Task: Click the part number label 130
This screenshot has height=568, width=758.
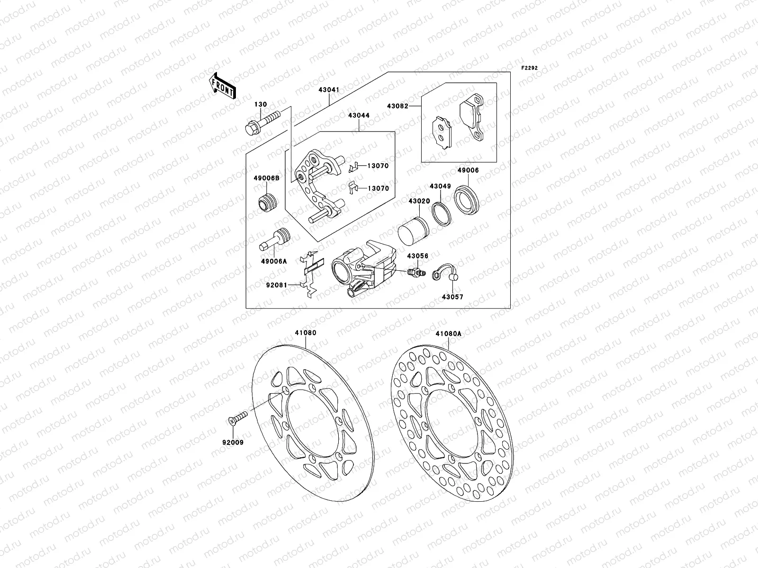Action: click(x=261, y=105)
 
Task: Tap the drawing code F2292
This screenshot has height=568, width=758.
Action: click(x=530, y=68)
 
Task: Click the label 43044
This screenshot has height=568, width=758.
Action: click(x=359, y=115)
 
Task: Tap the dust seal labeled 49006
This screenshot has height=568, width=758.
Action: click(x=468, y=199)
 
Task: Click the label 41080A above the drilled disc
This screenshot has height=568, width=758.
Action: click(x=448, y=333)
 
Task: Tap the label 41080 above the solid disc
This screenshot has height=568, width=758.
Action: click(x=306, y=333)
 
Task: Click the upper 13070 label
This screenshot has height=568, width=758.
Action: click(x=377, y=166)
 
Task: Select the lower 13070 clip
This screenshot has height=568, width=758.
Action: click(x=352, y=187)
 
